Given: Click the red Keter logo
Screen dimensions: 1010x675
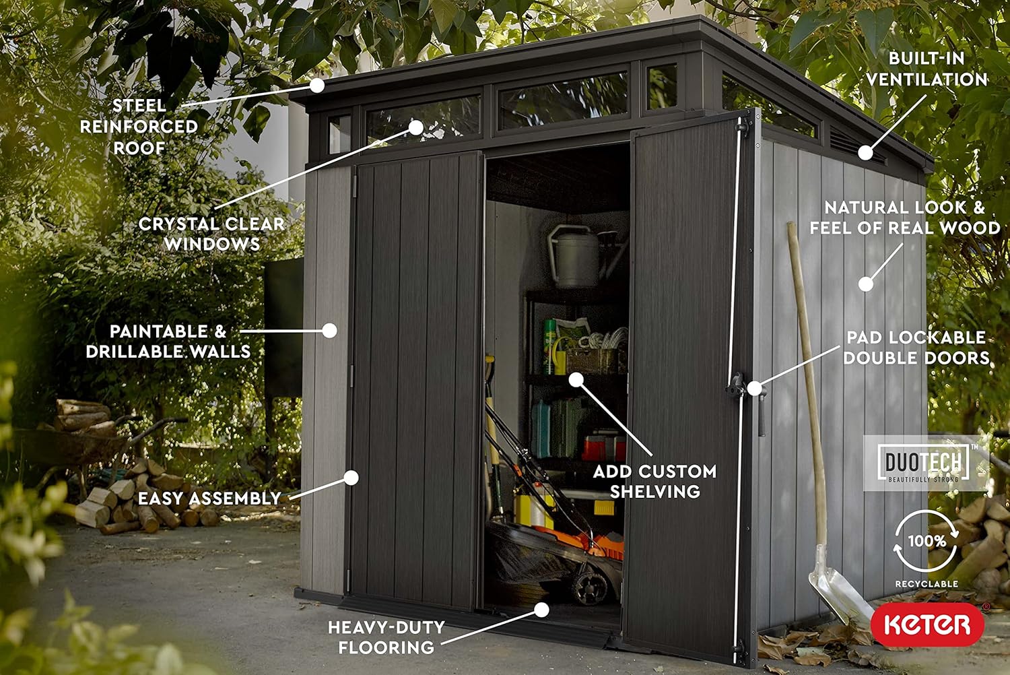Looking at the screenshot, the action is [x=927, y=625].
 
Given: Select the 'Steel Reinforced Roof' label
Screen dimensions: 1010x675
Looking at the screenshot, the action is [x=139, y=127].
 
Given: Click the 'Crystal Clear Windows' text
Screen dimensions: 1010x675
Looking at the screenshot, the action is [x=211, y=234].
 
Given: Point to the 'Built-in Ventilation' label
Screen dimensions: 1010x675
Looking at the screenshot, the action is [x=927, y=69].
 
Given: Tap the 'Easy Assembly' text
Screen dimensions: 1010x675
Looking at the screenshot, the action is [x=209, y=499].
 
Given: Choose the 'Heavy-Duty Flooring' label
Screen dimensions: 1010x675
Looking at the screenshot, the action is [x=386, y=637].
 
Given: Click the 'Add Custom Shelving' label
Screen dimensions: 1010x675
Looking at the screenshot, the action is [x=654, y=482].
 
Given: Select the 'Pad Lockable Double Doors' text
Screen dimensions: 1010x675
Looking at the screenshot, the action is [x=916, y=348].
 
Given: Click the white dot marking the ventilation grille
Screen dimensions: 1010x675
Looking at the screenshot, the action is [x=865, y=152].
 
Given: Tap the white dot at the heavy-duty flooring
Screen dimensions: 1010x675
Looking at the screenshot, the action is [x=541, y=610].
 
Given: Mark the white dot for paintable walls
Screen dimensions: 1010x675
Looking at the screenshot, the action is [x=330, y=331].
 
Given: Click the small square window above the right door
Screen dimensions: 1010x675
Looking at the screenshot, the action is [x=662, y=86].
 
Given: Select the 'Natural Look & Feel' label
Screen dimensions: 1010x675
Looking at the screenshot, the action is [x=905, y=218].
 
